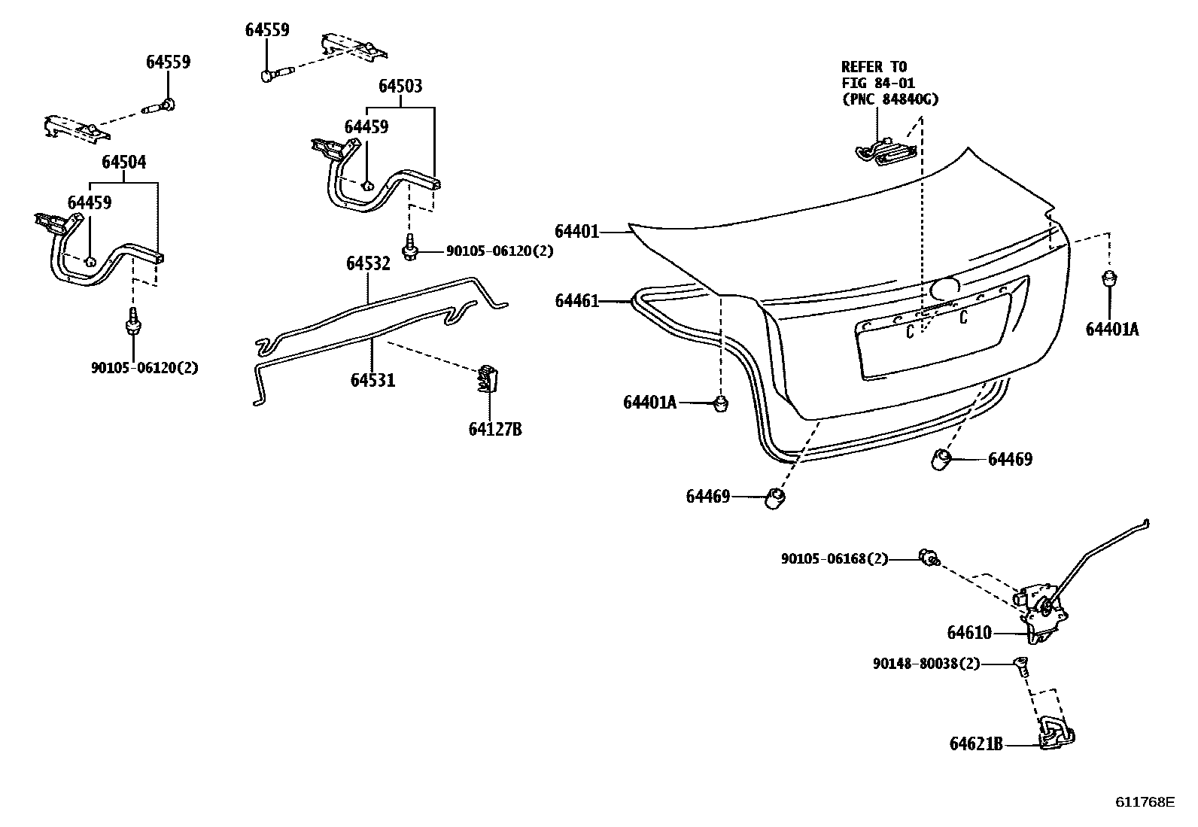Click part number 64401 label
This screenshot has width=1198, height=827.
pyautogui.click(x=576, y=232)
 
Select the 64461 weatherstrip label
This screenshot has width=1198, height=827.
pyautogui.click(x=576, y=301)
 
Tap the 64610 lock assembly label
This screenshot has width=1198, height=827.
pyautogui.click(x=969, y=633)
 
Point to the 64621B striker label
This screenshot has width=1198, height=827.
pyautogui.click(x=976, y=744)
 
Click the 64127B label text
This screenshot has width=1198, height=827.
pyautogui.click(x=494, y=430)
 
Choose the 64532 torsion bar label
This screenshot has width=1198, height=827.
pyautogui.click(x=368, y=263)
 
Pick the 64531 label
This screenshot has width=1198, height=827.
pyautogui.click(x=372, y=381)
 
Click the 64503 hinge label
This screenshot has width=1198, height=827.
pyautogui.click(x=400, y=87)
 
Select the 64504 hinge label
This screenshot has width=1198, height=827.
pyautogui.click(x=124, y=163)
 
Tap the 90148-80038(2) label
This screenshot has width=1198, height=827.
pyautogui.click(x=926, y=664)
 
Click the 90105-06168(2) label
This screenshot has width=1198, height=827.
pyautogui.click(x=834, y=558)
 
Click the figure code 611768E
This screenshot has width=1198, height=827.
pyautogui.click(x=1144, y=801)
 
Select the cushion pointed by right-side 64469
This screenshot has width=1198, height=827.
pyautogui.click(x=941, y=459)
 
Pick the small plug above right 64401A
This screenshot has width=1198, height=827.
pyautogui.click(x=1108, y=278)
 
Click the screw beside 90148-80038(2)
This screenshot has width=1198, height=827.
pyautogui.click(x=1021, y=666)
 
